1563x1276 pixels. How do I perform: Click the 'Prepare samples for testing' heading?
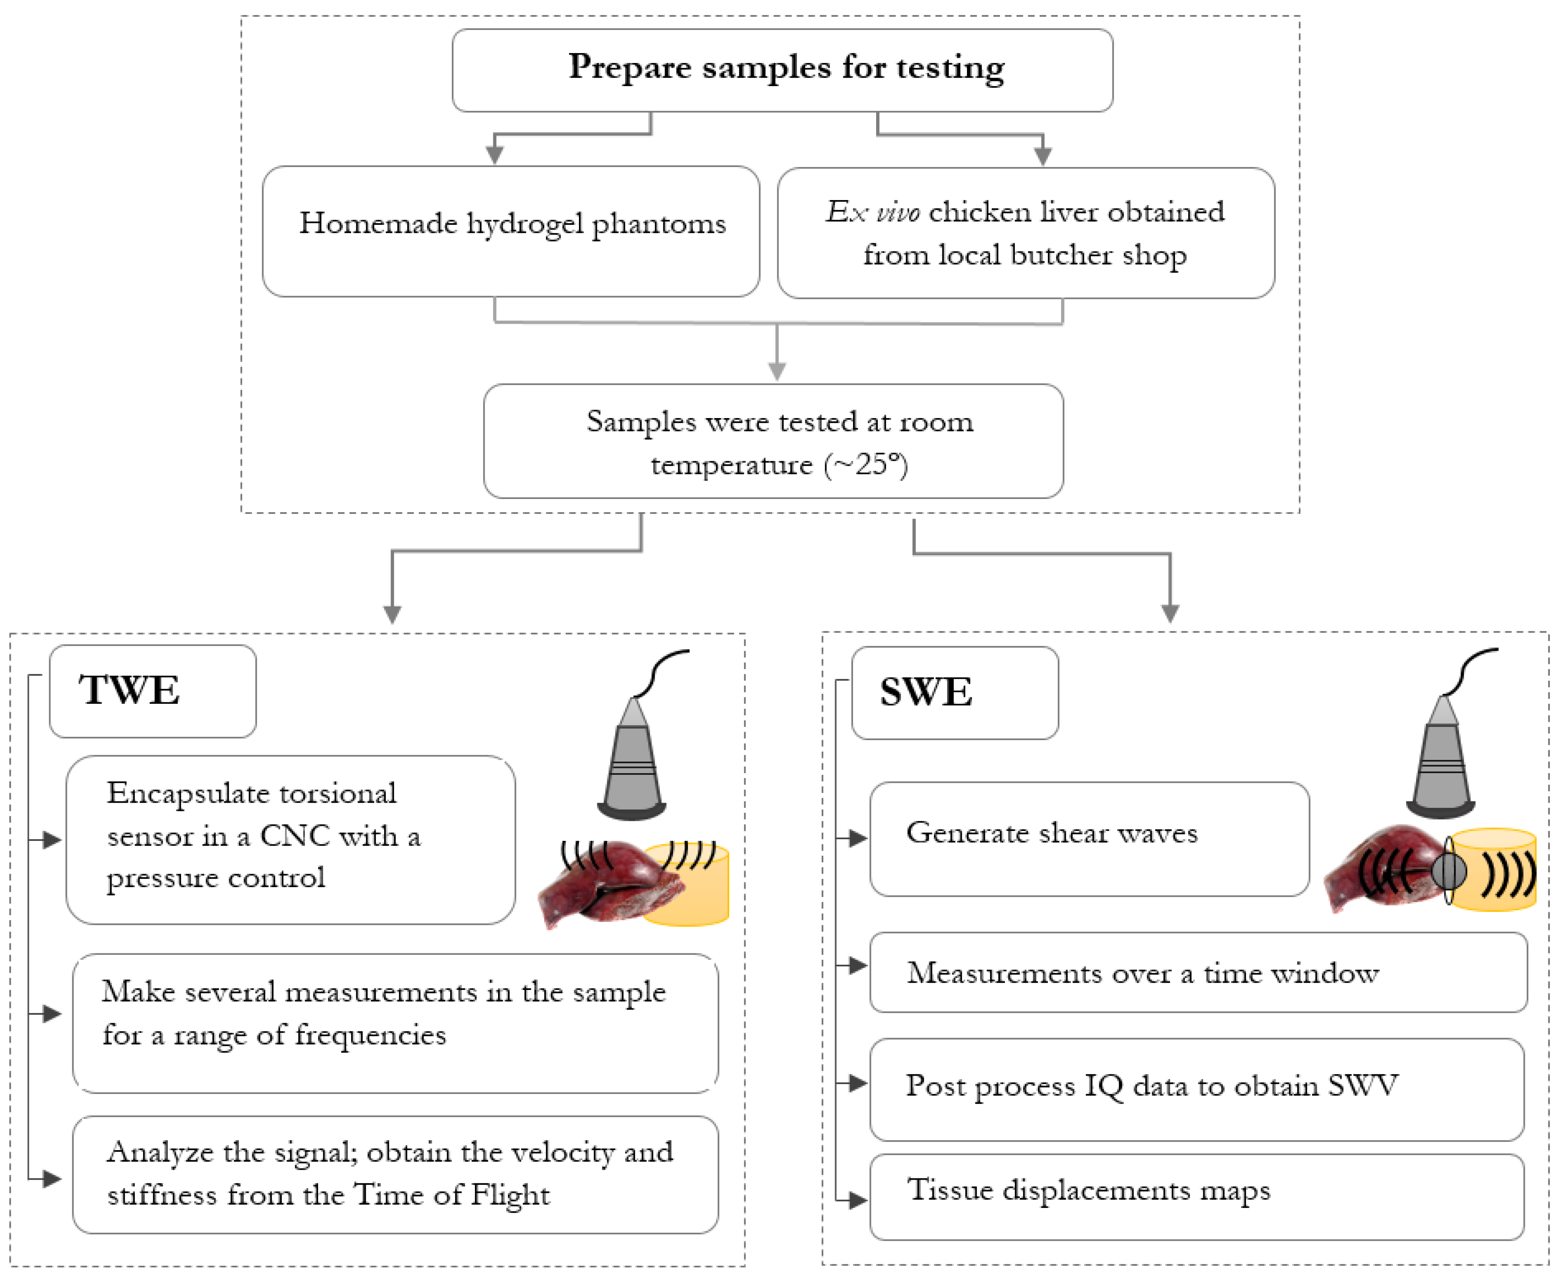click(x=785, y=68)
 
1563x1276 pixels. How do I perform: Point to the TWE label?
click(x=129, y=691)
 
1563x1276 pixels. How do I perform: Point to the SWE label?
click(x=926, y=692)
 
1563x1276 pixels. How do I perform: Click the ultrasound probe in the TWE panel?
click(x=633, y=765)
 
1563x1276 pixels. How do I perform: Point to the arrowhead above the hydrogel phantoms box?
click(x=495, y=154)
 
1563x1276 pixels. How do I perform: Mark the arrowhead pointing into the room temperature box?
click(x=777, y=371)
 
